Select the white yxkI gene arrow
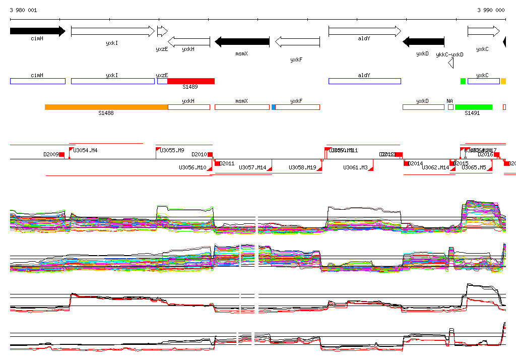coord(112,31)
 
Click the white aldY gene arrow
coord(364,31)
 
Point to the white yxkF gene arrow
coord(297,41)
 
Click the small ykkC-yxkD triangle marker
coord(451,63)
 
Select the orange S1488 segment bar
coord(106,107)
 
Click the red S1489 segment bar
coord(191,81)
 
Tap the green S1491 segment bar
coord(473,107)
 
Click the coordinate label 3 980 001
coord(23,10)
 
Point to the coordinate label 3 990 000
coord(491,10)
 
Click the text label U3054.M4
coord(86,150)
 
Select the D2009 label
coord(51,154)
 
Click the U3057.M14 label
coord(252,167)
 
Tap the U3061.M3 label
coord(355,167)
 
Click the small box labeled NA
coord(450,107)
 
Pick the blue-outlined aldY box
coord(364,81)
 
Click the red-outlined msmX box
coord(242,107)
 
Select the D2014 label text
coord(416,163)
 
